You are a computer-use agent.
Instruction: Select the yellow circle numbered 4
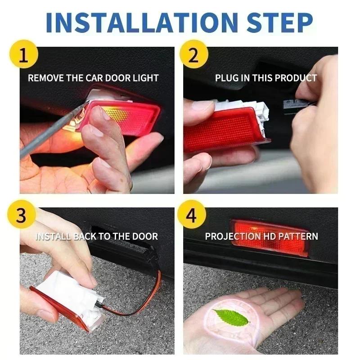point(192,216)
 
